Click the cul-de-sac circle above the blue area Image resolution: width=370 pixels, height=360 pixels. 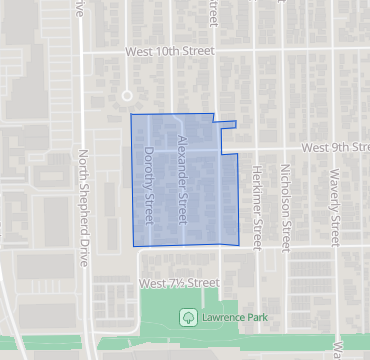(x=126, y=96)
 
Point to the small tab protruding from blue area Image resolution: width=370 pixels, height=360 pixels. (x=228, y=125)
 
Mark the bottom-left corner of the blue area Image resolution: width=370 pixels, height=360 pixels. (x=134, y=246)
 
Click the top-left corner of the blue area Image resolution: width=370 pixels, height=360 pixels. (x=131, y=114)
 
